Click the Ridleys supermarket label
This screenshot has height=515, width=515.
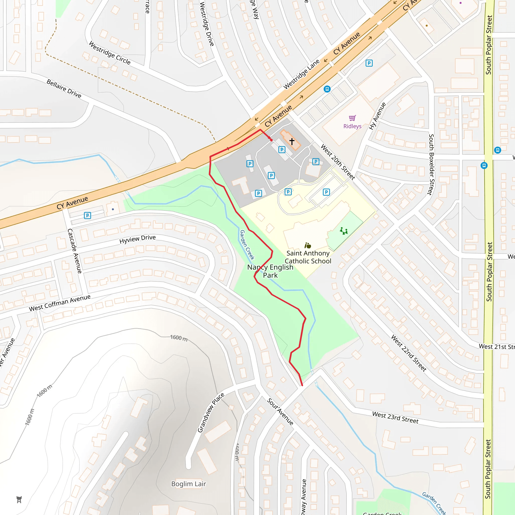click(352, 126)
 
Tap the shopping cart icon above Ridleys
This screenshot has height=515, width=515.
click(352, 118)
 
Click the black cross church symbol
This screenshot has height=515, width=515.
click(292, 141)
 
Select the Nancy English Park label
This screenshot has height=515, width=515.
click(270, 271)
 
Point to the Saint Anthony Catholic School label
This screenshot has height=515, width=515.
click(308, 257)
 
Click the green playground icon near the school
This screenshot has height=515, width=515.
click(344, 231)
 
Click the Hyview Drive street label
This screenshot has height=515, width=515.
click(137, 239)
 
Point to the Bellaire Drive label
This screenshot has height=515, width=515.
click(64, 89)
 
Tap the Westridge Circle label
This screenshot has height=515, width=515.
click(110, 53)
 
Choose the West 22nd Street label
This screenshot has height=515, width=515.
click(408, 353)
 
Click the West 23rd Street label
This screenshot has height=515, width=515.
click(395, 418)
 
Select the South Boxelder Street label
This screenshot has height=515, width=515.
click(431, 164)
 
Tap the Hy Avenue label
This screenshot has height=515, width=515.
click(377, 116)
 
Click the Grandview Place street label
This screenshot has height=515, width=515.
click(210, 413)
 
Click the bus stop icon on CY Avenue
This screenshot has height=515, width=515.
click(327, 89)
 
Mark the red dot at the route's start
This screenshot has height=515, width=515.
click(271, 140)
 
